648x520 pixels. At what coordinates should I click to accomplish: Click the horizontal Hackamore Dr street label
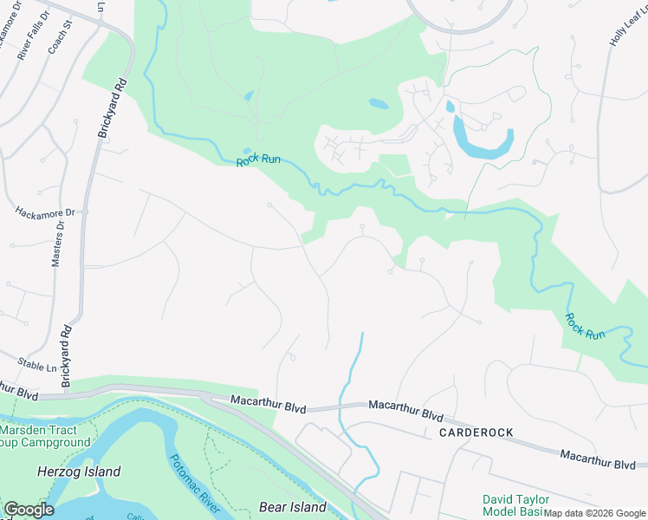click(x=46, y=211)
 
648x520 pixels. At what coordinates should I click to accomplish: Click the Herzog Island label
click(x=79, y=472)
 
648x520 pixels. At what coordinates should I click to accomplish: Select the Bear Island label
click(x=293, y=507)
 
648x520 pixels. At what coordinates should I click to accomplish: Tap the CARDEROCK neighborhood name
click(x=476, y=432)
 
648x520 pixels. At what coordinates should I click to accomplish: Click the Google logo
click(x=29, y=510)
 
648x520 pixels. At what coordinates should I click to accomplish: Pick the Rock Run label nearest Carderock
click(x=586, y=327)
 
